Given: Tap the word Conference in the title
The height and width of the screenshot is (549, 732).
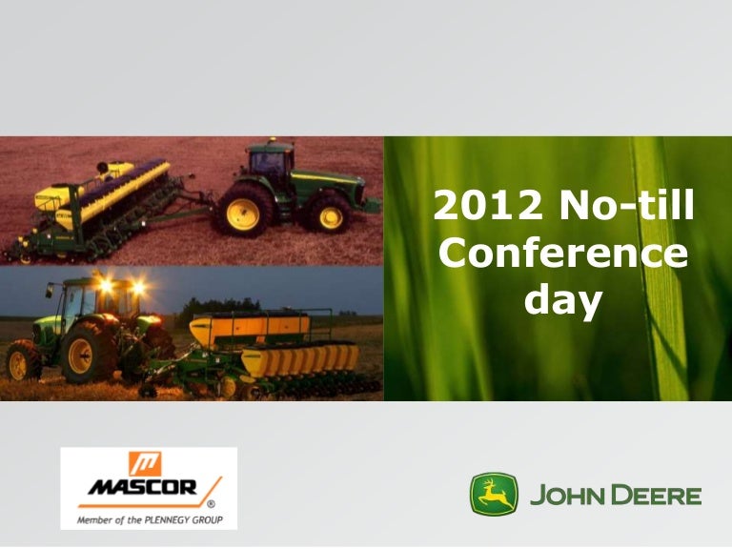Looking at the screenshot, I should (566, 254).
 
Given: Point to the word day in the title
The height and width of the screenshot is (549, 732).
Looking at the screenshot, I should (564, 302).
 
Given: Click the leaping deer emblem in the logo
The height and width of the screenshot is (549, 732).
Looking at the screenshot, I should (494, 495).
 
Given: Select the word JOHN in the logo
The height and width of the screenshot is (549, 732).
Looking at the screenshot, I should (567, 496).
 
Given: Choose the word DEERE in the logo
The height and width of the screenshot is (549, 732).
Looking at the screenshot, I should (658, 496).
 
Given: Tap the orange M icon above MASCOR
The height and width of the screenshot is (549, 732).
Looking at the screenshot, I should (144, 463).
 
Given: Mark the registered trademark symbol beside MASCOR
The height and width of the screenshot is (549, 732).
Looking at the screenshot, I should (210, 503).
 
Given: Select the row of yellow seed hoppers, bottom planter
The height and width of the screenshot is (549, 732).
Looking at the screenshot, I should (300, 360).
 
